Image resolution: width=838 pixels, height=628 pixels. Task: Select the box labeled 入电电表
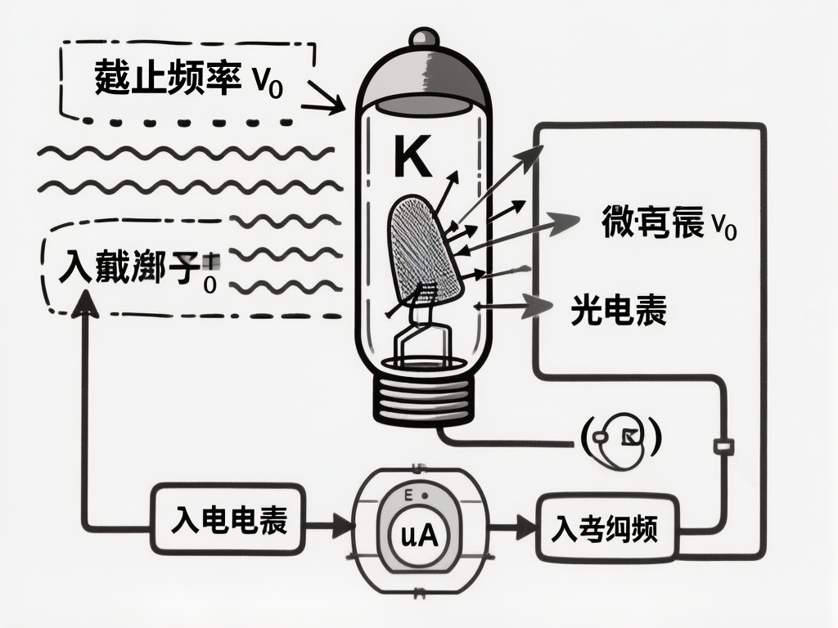(x=228, y=521)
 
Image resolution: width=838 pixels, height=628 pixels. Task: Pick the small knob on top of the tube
(x=423, y=38)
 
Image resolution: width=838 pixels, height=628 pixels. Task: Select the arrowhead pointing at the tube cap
(x=336, y=103)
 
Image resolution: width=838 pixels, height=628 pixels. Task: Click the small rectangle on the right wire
(x=724, y=446)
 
